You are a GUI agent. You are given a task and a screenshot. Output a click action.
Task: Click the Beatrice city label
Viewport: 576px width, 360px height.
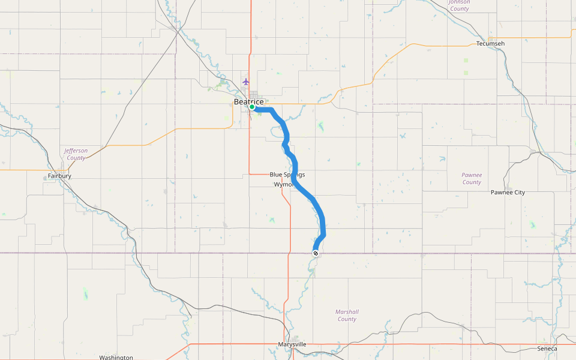coord(248,102)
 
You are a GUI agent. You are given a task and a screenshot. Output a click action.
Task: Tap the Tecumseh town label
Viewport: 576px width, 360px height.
coord(490,44)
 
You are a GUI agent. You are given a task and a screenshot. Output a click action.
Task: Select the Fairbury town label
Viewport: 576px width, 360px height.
coord(59,176)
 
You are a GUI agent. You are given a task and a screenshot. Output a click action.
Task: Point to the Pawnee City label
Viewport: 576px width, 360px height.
coord(508,193)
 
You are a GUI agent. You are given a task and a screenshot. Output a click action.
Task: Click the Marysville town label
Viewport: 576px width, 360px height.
coord(292,344)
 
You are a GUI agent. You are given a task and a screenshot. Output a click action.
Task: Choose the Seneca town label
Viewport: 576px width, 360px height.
coord(547,349)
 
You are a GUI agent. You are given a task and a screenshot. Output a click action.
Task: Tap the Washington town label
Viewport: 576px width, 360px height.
coord(116,357)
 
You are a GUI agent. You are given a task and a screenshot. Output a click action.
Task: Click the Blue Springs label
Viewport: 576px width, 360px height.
coord(287,175)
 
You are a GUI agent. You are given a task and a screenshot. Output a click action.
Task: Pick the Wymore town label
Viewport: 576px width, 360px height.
coord(284,185)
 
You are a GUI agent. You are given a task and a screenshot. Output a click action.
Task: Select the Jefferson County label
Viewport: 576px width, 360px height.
coord(76,154)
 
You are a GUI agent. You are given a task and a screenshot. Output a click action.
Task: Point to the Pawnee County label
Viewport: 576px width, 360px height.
coord(472,178)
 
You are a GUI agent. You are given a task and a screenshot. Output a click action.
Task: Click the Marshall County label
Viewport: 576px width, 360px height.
coord(347,315)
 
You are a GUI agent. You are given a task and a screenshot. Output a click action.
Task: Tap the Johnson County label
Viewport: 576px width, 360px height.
coord(460,5)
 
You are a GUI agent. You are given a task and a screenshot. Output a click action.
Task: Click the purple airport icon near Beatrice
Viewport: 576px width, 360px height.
coord(245,82)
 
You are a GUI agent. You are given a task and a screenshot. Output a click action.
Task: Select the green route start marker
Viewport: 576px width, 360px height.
coord(253,107)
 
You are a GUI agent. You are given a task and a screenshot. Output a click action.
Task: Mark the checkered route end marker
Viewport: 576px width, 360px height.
coord(316,253)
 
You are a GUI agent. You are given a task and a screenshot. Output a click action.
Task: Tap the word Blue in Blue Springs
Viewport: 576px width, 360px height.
coord(276,175)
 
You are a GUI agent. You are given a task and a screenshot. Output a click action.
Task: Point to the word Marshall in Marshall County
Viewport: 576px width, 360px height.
coord(347,311)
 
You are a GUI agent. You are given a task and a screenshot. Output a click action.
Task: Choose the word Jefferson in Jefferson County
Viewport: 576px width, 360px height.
coord(76,151)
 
